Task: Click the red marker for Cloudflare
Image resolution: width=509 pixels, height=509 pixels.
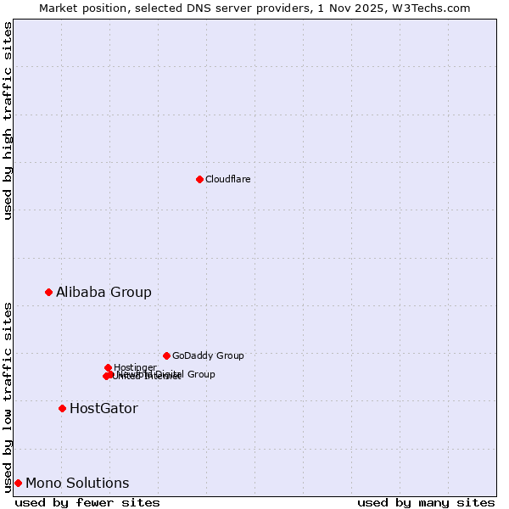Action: pyautogui.click(x=199, y=179)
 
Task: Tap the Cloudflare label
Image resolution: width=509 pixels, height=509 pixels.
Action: pyautogui.click(x=227, y=179)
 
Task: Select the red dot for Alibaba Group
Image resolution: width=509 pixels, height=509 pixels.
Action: pyautogui.click(x=48, y=292)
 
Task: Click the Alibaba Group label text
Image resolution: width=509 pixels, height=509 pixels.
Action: pyautogui.click(x=103, y=293)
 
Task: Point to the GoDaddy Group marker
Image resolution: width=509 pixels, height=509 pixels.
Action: pyautogui.click(x=166, y=355)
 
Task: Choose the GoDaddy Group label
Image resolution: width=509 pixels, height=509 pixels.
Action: pyautogui.click(x=208, y=356)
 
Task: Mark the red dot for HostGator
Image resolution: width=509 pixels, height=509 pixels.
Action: pyautogui.click(x=62, y=408)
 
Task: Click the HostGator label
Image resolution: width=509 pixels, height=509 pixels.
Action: pyautogui.click(x=103, y=409)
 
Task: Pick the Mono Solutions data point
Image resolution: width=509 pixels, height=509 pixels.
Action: pyautogui.click(x=18, y=483)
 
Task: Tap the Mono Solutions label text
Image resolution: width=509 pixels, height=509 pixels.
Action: pyautogui.click(x=77, y=484)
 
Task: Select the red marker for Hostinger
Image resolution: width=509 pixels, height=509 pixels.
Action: pyautogui.click(x=108, y=367)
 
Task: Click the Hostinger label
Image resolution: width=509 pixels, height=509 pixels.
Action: pyautogui.click(x=135, y=367)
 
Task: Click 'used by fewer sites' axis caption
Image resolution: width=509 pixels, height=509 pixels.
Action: pyautogui.click(x=87, y=502)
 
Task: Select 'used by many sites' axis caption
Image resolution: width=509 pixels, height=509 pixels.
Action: pyautogui.click(x=426, y=502)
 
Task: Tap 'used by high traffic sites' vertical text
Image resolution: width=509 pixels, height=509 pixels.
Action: pyautogui.click(x=8, y=120)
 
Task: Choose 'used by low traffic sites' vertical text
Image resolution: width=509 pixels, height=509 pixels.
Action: pyautogui.click(x=8, y=396)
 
